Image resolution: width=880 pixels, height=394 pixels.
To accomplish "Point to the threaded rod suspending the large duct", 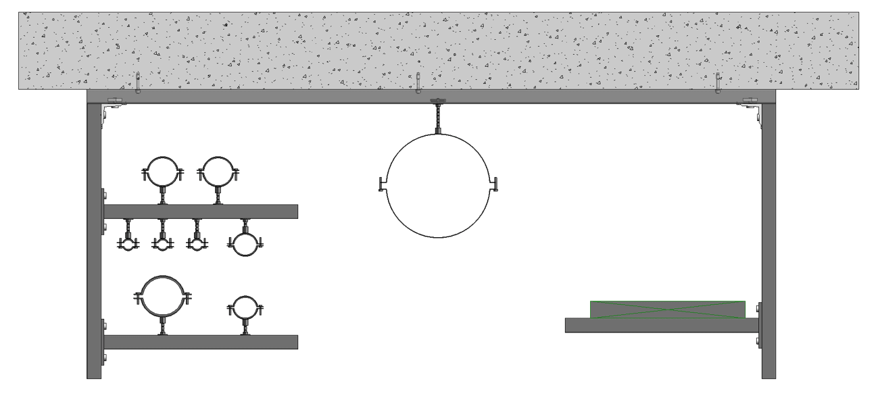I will click(437, 118).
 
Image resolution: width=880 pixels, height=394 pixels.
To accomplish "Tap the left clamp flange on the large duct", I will click(382, 184).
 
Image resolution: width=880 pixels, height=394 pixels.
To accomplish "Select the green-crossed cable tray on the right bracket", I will click(667, 310).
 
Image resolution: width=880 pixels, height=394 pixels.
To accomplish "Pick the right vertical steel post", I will click(768, 237).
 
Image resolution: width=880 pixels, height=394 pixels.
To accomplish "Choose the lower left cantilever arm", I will click(200, 342).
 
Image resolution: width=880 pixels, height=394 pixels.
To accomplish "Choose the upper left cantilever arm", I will click(200, 212).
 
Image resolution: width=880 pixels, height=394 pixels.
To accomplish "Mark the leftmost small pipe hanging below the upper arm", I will click(126, 243).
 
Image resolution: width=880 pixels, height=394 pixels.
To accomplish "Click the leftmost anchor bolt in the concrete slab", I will click(137, 82).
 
